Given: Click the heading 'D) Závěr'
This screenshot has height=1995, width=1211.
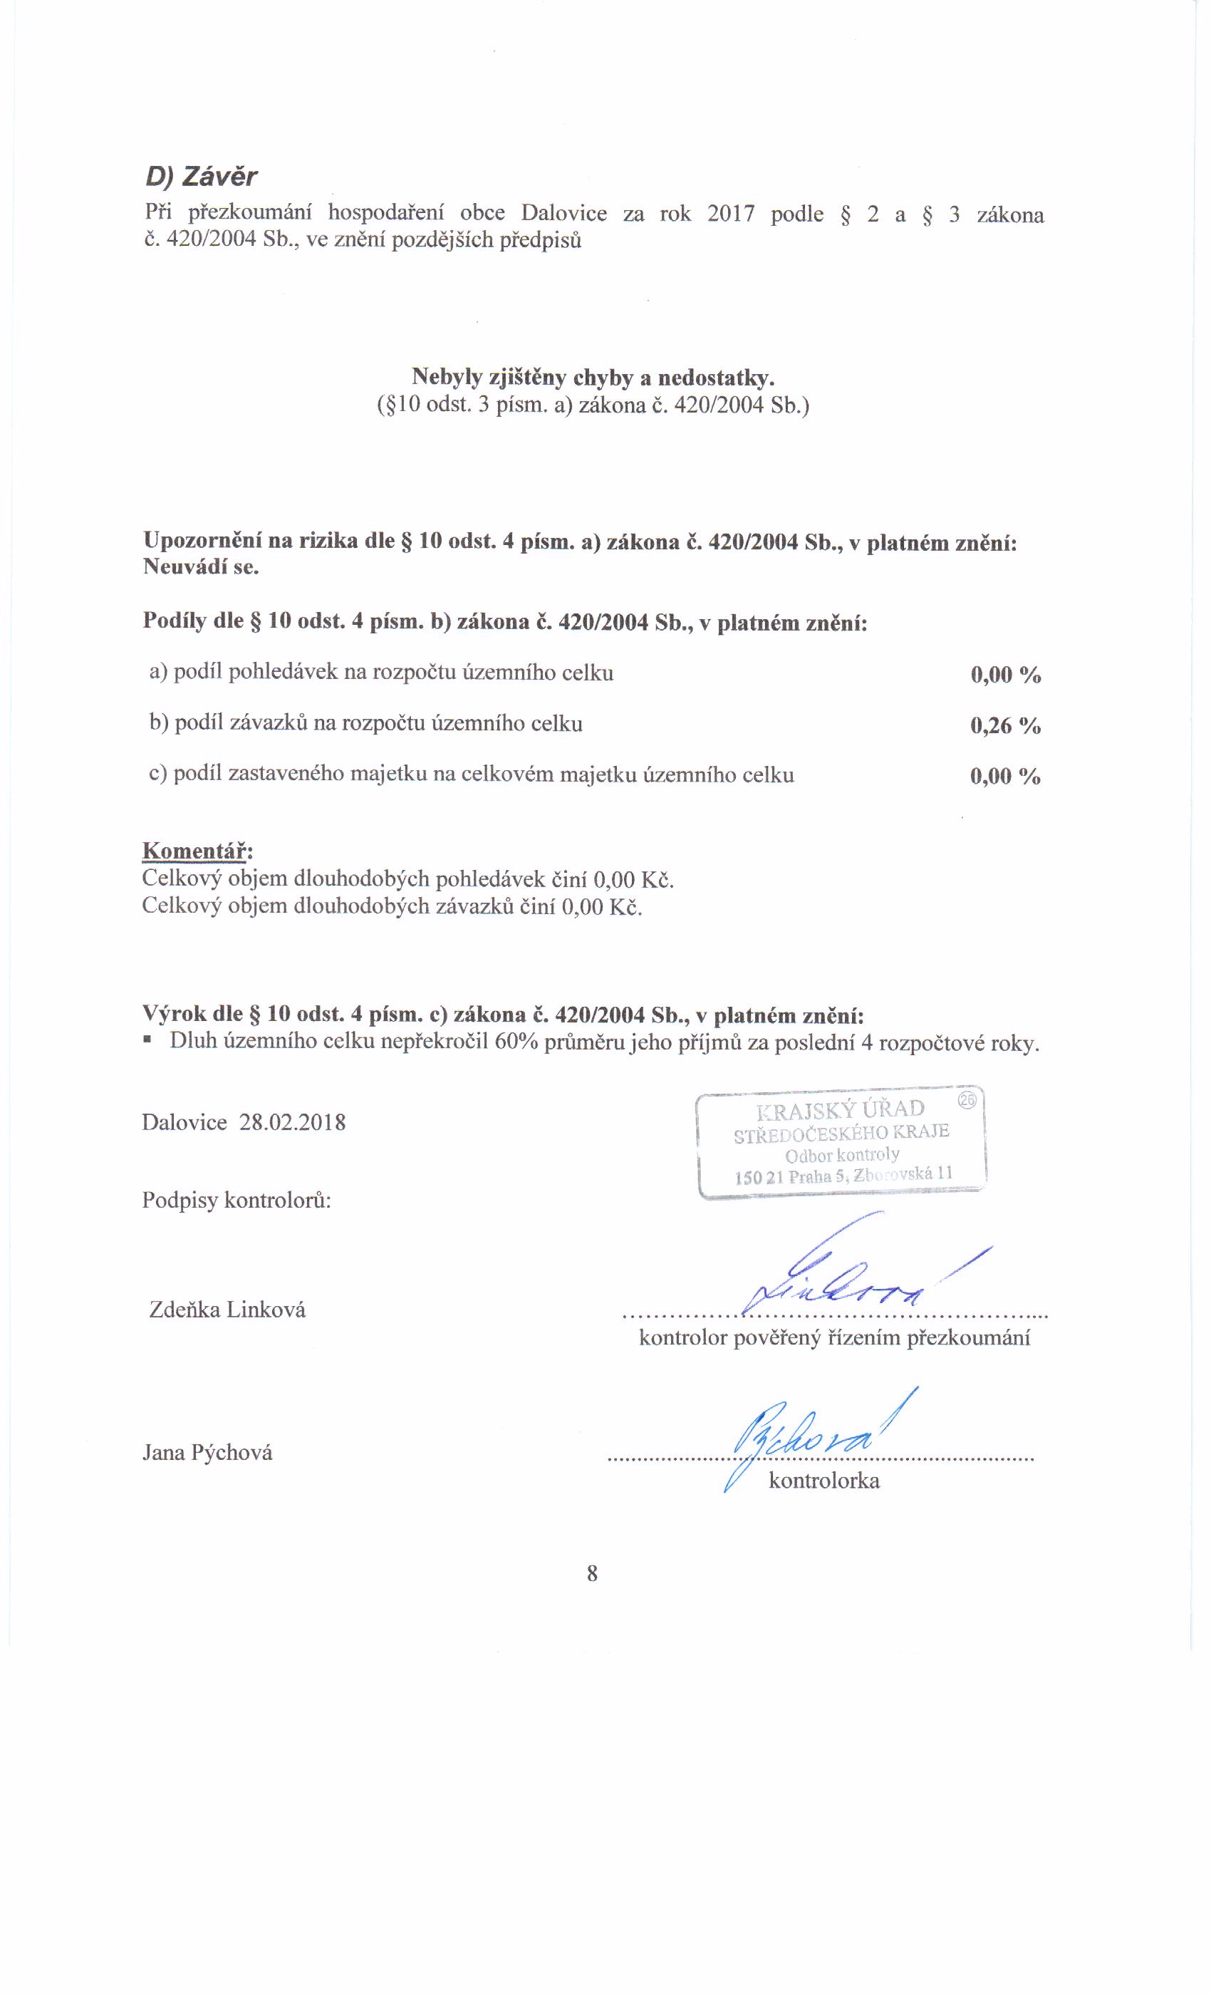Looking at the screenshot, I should (x=201, y=177).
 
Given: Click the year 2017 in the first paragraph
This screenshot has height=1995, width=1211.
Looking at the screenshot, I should (x=730, y=214).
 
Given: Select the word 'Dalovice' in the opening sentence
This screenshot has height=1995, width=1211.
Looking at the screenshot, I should (x=563, y=214).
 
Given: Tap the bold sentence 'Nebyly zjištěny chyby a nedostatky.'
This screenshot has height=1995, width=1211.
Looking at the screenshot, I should (x=593, y=378).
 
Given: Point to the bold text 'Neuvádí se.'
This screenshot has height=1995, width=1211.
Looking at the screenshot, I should (x=201, y=566).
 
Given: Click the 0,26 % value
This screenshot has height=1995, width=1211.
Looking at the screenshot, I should (x=1004, y=725).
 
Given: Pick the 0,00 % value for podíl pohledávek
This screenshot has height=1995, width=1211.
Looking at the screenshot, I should (x=1004, y=675).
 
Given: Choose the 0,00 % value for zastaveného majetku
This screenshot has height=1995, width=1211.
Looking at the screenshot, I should (x=1004, y=777).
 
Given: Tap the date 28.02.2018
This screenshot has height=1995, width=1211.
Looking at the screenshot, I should (x=292, y=1122).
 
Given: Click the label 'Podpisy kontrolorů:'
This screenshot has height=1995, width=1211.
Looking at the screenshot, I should (x=237, y=1199).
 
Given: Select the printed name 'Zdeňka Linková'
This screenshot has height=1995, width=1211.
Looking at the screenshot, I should (x=227, y=1310).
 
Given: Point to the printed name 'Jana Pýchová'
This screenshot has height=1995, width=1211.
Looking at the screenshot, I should (x=207, y=1452).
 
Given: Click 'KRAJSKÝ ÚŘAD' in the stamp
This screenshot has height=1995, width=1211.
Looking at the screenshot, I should (x=839, y=1109).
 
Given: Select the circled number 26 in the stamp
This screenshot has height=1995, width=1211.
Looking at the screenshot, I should (x=967, y=1099).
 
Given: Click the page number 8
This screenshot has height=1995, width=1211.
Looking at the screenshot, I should (x=592, y=1573).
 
